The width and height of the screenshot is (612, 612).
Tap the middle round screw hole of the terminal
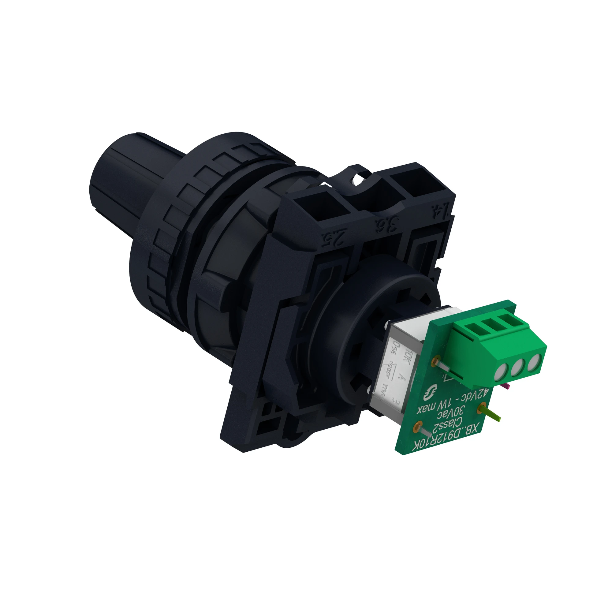pyautogui.click(x=517, y=368)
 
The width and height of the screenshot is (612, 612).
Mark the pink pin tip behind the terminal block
pyautogui.click(x=507, y=386)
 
